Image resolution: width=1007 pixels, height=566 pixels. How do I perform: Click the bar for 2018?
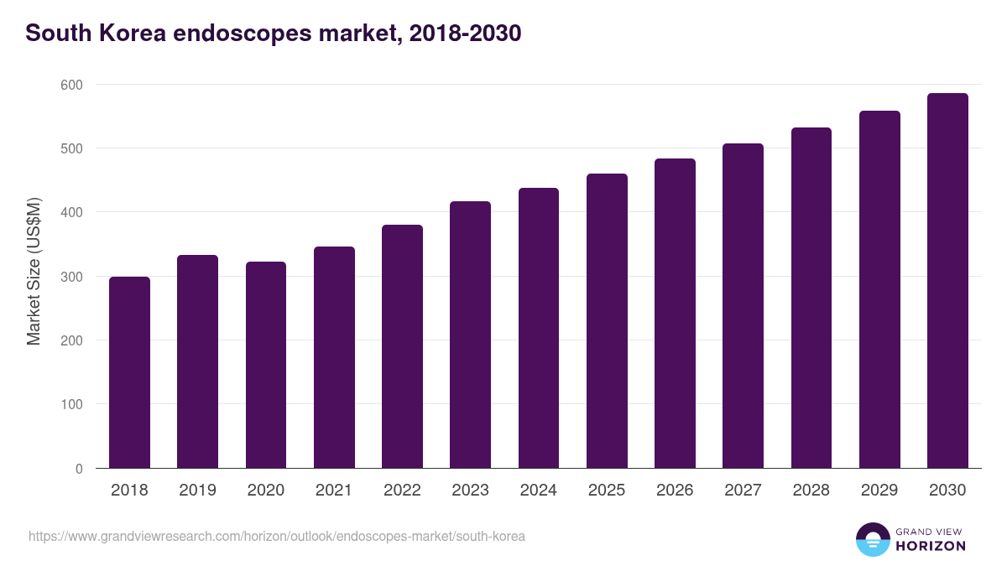pos(129,372)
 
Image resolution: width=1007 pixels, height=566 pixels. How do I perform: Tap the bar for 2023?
pos(470,335)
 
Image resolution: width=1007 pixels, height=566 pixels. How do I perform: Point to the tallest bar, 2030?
pos(947,281)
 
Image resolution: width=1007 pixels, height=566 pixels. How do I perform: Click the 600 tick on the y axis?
pos(72,85)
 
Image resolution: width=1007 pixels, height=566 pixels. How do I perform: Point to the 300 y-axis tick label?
pos(72,277)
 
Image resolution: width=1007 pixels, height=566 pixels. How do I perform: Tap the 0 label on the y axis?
pos(79,469)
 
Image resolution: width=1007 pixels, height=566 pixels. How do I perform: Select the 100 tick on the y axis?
pos(72,404)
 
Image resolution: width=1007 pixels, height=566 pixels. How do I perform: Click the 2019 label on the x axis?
pos(197,491)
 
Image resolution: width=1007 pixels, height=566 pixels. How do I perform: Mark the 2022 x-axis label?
pos(402,491)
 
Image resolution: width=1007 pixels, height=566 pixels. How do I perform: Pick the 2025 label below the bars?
pos(607,491)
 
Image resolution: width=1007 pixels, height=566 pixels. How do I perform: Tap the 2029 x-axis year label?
pos(879,491)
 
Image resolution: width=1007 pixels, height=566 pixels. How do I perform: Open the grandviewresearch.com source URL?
pos(277,536)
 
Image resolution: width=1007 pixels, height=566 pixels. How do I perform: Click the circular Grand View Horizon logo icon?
pos(873,539)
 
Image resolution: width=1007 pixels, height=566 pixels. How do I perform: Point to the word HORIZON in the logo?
pos(931,546)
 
